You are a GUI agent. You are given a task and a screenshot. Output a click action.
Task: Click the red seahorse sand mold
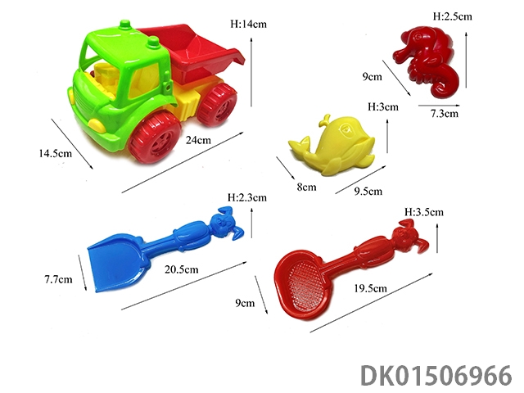point(426,62)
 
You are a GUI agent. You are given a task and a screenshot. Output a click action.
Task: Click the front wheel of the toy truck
point(155,138)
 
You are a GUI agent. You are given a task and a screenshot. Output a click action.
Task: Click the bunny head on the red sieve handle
point(409,236)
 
